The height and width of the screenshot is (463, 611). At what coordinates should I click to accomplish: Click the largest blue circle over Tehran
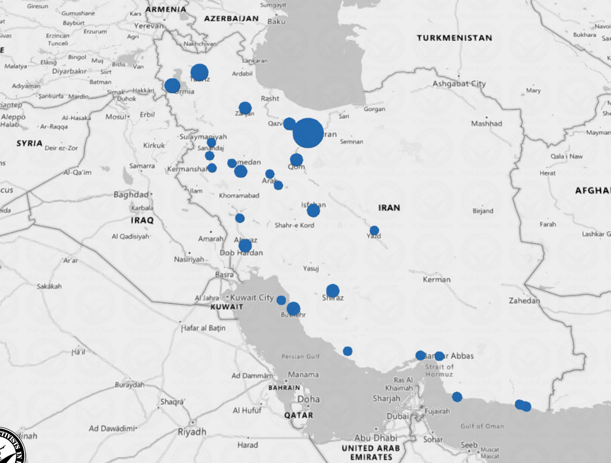tap(308, 133)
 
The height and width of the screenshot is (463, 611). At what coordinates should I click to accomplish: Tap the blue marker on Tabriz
tap(199, 72)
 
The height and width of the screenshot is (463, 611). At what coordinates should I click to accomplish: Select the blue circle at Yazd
tap(374, 231)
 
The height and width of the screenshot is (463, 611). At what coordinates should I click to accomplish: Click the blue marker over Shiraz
tap(333, 291)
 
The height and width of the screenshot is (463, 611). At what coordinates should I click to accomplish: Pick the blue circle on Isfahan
tap(313, 210)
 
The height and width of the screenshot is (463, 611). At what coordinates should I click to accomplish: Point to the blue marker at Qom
tap(296, 160)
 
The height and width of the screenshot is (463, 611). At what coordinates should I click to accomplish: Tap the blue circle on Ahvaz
tap(245, 245)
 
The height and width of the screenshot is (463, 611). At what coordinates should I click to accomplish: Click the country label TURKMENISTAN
tap(454, 38)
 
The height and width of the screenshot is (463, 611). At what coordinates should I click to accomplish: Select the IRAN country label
tap(389, 208)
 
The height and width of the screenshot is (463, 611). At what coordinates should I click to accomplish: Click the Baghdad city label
tap(131, 194)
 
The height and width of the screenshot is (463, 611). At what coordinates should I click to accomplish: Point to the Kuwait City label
tap(252, 297)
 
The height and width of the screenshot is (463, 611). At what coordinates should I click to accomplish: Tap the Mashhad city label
tap(486, 124)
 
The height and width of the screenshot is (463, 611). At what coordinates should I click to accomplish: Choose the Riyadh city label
tap(192, 432)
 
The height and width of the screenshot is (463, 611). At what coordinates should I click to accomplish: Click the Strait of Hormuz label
tap(439, 370)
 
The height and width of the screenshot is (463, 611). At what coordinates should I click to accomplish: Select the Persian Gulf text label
tap(300, 356)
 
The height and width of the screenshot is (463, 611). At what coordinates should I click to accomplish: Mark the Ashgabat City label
tap(459, 84)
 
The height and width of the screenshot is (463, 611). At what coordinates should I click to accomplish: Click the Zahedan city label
tap(524, 301)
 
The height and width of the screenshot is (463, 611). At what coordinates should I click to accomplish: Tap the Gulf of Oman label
tap(482, 426)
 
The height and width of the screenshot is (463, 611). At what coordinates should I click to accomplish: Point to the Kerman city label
tap(437, 279)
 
